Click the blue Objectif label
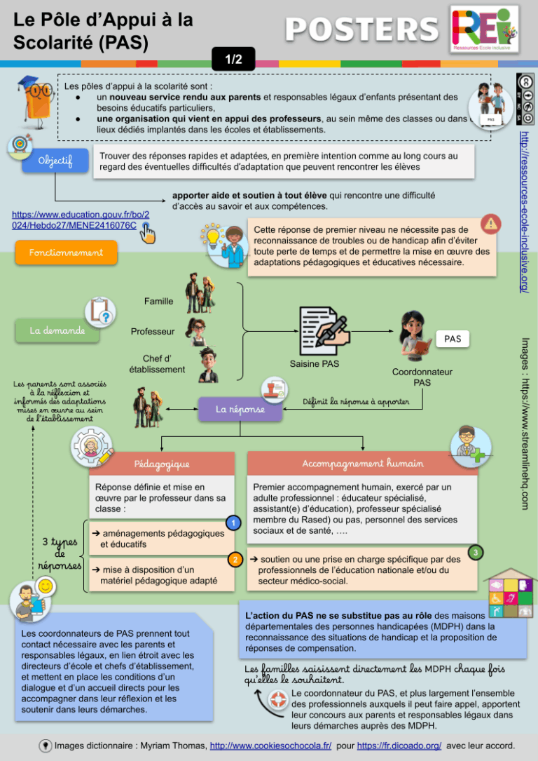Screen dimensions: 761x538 coord(55,161)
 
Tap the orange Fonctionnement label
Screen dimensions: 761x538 coord(67,252)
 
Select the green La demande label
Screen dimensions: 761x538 coord(57,330)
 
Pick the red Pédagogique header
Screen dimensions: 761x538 coord(162,464)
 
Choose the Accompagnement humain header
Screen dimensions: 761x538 coord(363,464)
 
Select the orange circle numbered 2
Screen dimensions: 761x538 coord(235,560)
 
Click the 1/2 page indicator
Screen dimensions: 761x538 coord(233,60)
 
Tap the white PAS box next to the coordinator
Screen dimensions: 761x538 coord(453,339)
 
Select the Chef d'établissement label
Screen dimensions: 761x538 coord(158,363)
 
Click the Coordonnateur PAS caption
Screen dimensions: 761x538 coord(422,377)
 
